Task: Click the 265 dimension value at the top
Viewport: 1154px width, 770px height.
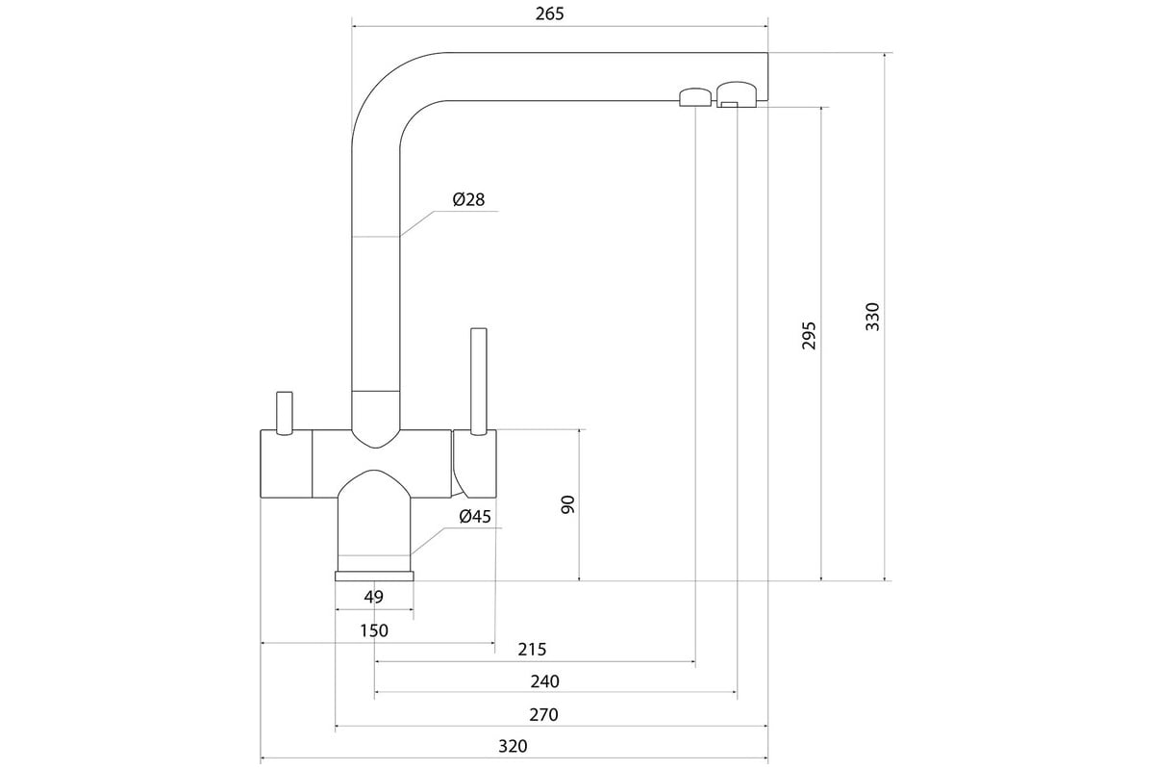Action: (550, 13)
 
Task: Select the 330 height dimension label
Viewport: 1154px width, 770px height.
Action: (872, 317)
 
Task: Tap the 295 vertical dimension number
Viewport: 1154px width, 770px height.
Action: (809, 336)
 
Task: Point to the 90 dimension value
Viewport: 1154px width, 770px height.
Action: (567, 504)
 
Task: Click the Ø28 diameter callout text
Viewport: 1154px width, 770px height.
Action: (469, 199)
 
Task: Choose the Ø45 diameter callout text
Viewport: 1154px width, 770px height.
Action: (475, 516)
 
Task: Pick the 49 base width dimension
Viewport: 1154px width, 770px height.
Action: (373, 597)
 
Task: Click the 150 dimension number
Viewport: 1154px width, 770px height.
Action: (374, 630)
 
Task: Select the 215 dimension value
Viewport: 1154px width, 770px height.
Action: (532, 649)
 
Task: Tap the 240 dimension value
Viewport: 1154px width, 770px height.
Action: (544, 681)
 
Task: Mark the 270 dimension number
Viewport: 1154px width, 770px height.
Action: (543, 714)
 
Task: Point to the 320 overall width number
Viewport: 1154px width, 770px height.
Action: (513, 746)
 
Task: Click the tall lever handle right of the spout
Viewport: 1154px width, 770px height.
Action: (479, 381)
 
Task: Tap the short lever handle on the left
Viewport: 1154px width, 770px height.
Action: (285, 413)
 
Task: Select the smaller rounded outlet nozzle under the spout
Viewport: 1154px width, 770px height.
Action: (695, 97)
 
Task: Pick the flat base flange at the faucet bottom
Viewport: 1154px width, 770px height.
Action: (374, 577)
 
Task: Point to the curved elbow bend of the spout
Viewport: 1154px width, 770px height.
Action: (391, 90)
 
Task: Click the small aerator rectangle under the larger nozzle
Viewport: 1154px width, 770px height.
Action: (730, 105)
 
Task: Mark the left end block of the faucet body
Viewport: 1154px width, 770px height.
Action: (286, 463)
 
